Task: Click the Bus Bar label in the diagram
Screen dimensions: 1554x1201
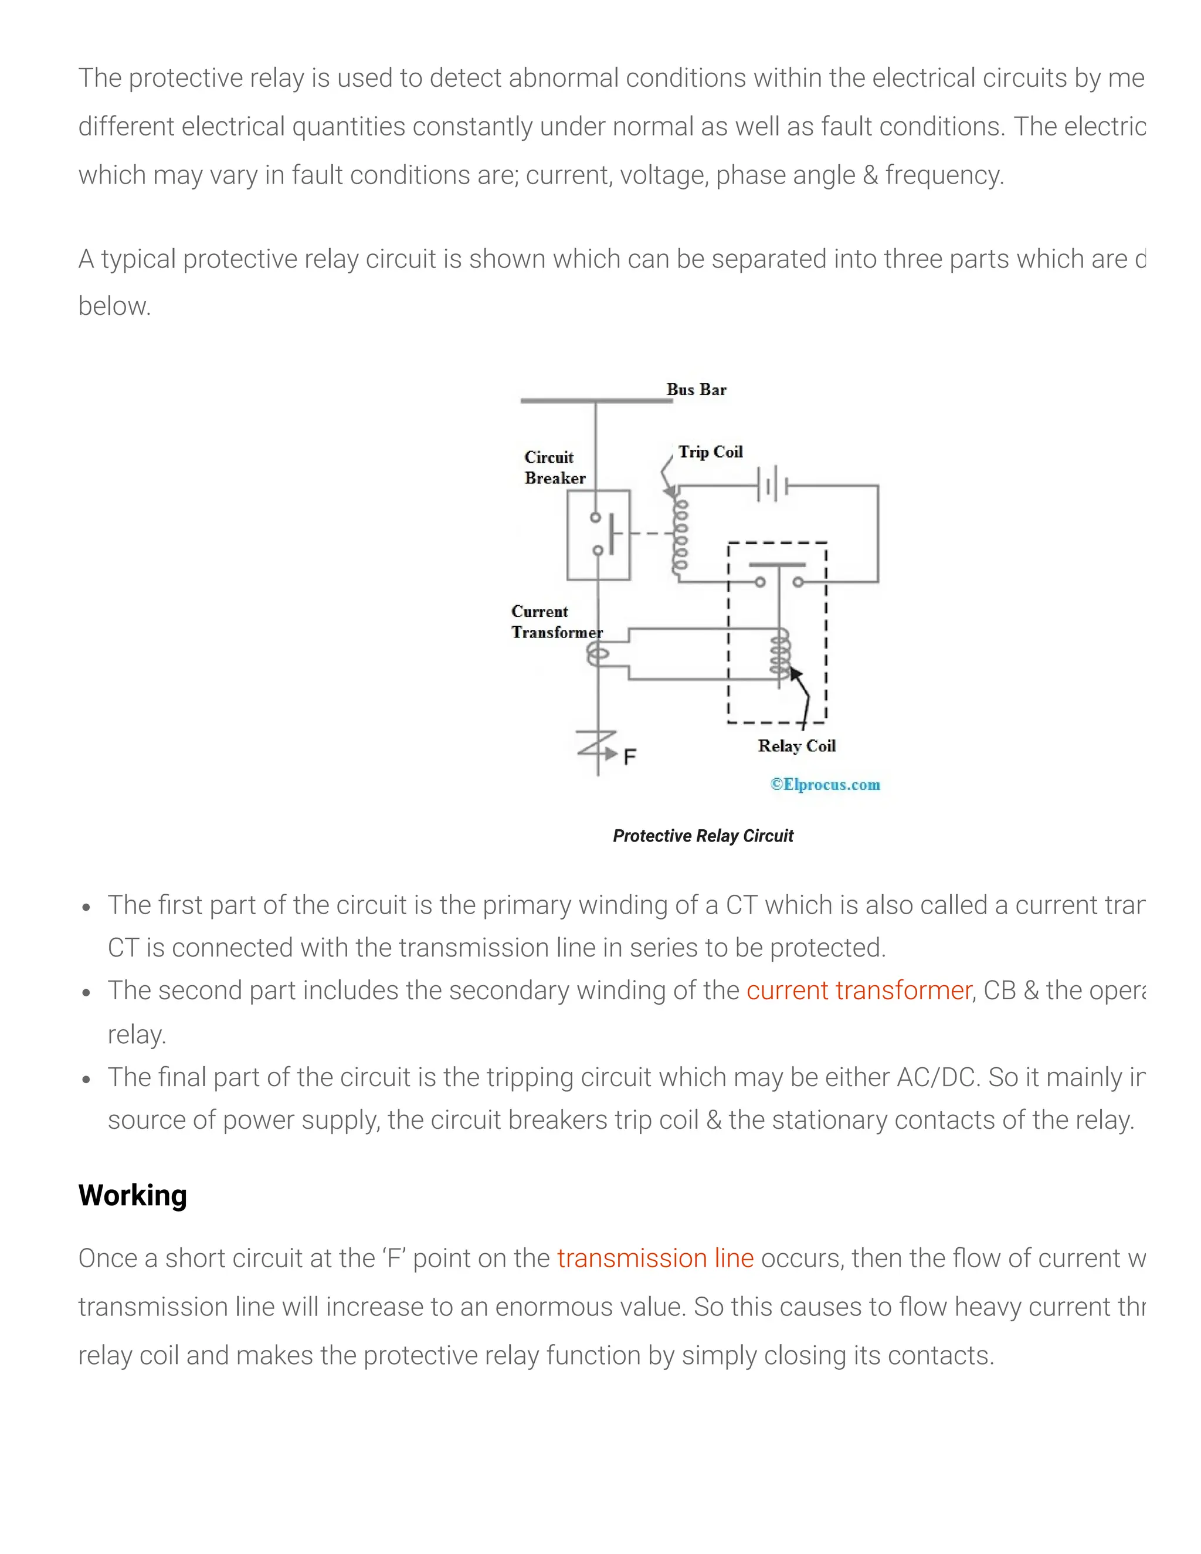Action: coord(696,390)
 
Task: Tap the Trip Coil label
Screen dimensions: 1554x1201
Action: coord(710,452)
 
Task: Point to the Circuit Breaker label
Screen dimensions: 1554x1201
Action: coord(554,467)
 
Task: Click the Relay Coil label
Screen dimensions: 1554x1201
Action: coord(796,746)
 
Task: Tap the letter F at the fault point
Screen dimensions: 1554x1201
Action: coord(630,756)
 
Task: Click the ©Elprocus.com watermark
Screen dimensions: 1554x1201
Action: coord(825,784)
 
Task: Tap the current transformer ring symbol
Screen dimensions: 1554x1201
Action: coord(598,654)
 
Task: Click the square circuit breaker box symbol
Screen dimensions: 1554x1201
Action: coord(598,534)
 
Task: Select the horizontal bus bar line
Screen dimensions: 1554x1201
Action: coord(596,401)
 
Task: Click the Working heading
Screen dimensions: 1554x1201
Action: coord(133,1195)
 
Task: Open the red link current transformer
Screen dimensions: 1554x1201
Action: coord(858,990)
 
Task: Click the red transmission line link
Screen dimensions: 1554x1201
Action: coord(654,1258)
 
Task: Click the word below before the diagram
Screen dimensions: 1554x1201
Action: coord(114,307)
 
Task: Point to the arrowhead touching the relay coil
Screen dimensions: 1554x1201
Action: coord(795,673)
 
